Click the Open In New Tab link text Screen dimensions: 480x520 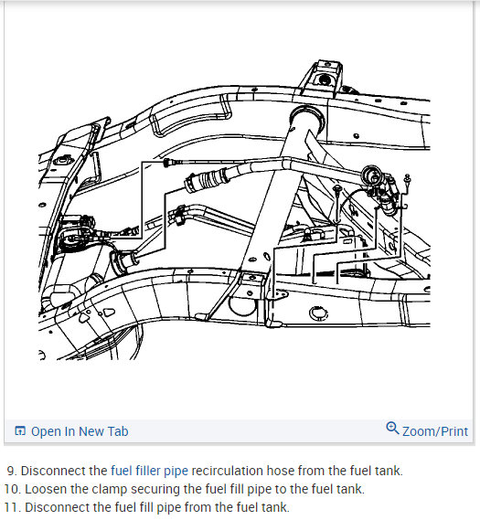click(x=80, y=431)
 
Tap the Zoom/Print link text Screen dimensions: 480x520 click(x=435, y=431)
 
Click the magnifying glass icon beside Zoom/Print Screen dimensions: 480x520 click(x=392, y=428)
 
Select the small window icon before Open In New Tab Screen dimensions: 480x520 click(x=20, y=430)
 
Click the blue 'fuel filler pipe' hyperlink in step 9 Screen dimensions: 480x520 click(x=149, y=471)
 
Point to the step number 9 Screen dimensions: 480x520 click(x=12, y=471)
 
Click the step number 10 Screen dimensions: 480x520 click(x=13, y=489)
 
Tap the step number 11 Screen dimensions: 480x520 click(x=13, y=507)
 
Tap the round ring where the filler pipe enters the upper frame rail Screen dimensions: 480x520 click(x=307, y=116)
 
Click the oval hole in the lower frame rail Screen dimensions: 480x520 click(x=319, y=313)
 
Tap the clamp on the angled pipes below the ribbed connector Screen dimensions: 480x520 click(x=180, y=215)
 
